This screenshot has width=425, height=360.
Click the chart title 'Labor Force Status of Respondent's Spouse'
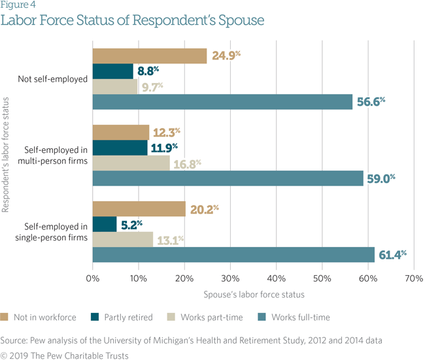(132, 20)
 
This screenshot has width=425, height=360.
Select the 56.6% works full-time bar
(222, 101)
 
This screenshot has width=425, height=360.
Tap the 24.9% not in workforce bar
(150, 56)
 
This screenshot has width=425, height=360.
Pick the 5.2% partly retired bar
(105, 224)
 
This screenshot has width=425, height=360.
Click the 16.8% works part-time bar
(131, 163)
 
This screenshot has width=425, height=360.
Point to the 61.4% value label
(392, 254)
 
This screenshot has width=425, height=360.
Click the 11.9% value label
(165, 147)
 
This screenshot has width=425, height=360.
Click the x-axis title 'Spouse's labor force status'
(254, 296)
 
